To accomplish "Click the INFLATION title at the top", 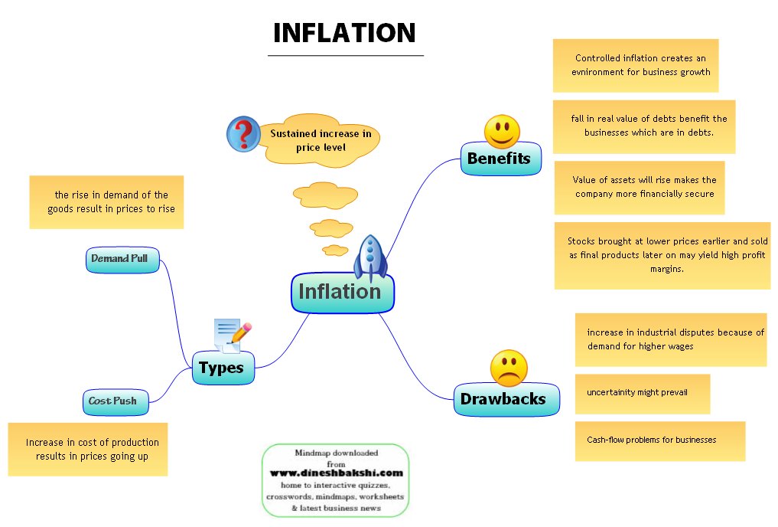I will [344, 33].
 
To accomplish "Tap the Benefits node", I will [499, 159].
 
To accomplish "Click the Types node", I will [221, 368].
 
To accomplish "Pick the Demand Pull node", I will [121, 260].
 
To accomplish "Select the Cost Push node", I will [114, 401].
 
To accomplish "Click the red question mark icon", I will [243, 133].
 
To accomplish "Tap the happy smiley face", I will [502, 131].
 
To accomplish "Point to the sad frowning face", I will [509, 368].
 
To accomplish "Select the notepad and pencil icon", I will [232, 335].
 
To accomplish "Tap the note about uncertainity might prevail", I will [642, 393].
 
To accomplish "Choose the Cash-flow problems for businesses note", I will [659, 440].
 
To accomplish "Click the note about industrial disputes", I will [670, 339].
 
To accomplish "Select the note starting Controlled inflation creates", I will [636, 65].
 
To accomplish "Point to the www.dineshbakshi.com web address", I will [336, 473].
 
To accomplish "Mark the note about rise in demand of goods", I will [106, 202].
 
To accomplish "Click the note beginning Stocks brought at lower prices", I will [662, 255].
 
